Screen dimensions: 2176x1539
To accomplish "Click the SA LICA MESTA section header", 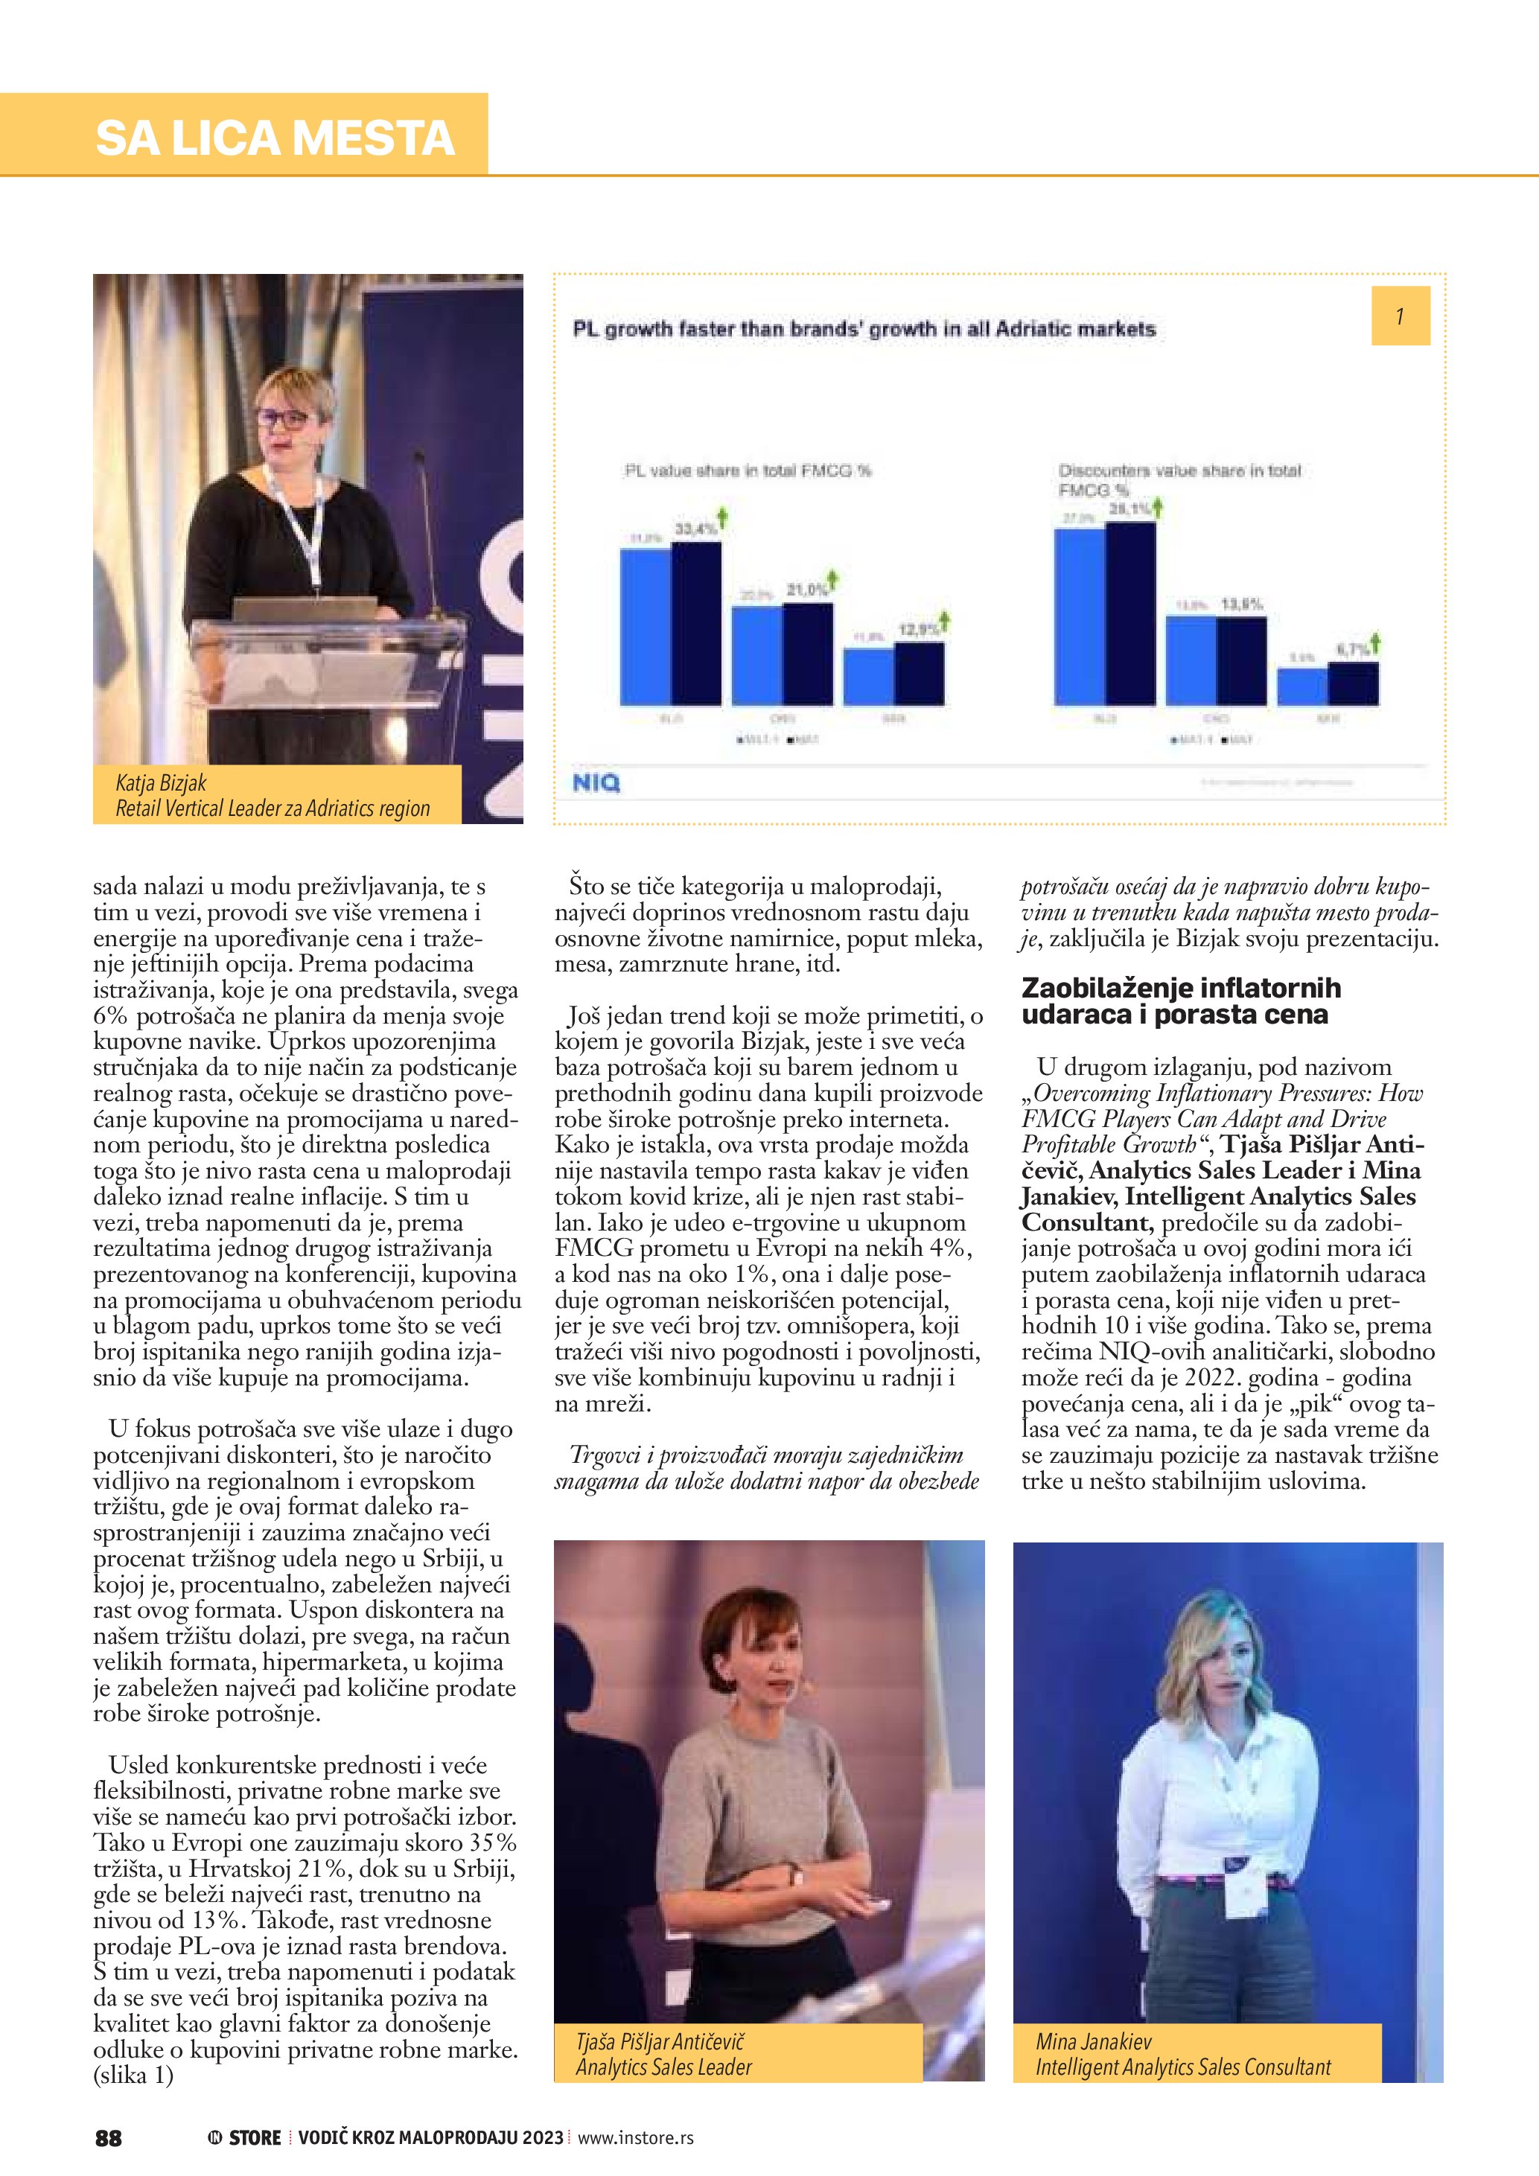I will tap(275, 138).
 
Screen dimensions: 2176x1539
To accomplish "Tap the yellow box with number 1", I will tap(1400, 316).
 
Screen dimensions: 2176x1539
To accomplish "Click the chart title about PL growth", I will tap(864, 330).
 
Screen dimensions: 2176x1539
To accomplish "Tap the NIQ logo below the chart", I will tap(596, 783).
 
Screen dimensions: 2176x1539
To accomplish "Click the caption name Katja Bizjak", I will tap(161, 783).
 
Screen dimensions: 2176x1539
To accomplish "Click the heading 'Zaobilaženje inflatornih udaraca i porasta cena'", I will tap(1181, 1001).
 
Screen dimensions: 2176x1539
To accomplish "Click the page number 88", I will tap(109, 2138).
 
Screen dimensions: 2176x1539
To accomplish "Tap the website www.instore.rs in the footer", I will tap(635, 2138).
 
